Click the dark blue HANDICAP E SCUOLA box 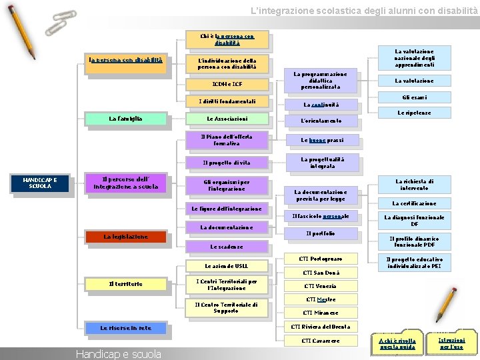click(x=40, y=183)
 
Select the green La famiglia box click(x=125, y=119)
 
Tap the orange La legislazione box click(x=125, y=236)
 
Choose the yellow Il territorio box click(x=125, y=284)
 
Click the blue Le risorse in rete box click(x=125, y=328)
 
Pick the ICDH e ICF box click(x=227, y=84)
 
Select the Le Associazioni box click(x=227, y=119)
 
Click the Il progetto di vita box click(x=227, y=163)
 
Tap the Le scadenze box click(x=227, y=247)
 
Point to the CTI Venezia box click(x=320, y=287)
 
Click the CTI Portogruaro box click(x=320, y=259)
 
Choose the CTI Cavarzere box click(x=320, y=341)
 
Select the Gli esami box click(x=414, y=97)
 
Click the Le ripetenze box click(x=414, y=113)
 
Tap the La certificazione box click(x=414, y=203)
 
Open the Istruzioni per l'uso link click(x=452, y=343)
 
